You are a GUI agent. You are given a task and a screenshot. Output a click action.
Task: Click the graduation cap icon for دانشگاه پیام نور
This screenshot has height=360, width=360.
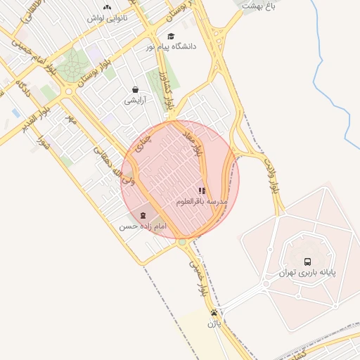click(169, 36)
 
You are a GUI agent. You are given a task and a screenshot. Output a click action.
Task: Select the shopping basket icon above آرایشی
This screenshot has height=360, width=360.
click(134, 90)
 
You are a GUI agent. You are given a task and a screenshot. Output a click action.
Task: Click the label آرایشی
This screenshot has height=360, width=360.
click(134, 100)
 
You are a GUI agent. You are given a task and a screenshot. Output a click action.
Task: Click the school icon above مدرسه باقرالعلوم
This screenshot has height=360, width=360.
click(202, 191)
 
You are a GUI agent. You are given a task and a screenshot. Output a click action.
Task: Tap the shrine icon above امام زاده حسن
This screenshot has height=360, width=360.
click(143, 214)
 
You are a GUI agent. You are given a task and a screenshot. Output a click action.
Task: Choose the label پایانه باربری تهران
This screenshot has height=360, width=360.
click(307, 273)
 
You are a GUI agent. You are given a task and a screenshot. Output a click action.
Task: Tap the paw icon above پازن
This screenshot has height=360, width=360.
click(214, 313)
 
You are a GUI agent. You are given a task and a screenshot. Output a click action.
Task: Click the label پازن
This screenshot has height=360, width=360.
click(214, 324)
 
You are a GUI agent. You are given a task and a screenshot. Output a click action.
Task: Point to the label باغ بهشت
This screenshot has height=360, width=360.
click(258, 5)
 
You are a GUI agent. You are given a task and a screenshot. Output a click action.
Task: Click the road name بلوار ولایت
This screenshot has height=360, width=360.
click(271, 176)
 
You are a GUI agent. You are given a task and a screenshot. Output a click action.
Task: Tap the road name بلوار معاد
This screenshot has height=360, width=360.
click(195, 143)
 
